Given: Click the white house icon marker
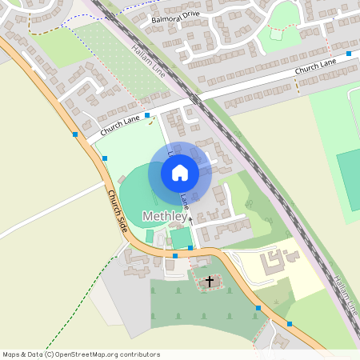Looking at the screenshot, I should click(x=180, y=172).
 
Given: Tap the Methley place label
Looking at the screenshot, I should click(x=165, y=217).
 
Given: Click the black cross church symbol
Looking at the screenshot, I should click(x=210, y=281).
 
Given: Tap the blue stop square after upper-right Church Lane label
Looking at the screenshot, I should click(x=349, y=54).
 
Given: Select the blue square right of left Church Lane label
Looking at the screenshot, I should click(x=147, y=116).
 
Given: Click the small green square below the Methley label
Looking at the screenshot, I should click(x=149, y=236).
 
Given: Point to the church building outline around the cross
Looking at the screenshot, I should click(x=210, y=281).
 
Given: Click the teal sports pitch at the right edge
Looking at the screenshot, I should click(x=349, y=180).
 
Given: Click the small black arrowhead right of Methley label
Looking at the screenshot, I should click(x=190, y=217).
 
